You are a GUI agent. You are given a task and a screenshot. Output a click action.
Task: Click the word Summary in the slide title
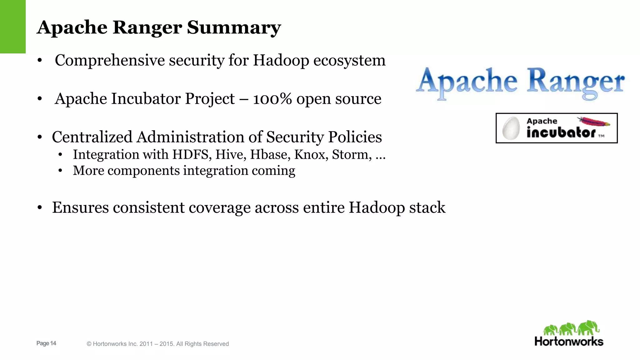coord(234,27)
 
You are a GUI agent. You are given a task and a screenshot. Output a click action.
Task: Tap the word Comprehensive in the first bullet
coord(109,60)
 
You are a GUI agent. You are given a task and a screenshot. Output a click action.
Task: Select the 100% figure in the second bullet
coord(272,99)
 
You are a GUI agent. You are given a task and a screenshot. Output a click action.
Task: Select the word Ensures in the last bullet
coord(80,207)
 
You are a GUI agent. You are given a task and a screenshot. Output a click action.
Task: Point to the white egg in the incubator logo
coord(511,128)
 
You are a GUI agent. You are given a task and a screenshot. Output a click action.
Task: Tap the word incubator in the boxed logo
coord(561,132)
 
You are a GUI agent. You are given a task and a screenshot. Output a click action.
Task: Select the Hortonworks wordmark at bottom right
coord(569,341)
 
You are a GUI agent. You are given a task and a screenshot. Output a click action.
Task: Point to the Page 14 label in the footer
coord(46,343)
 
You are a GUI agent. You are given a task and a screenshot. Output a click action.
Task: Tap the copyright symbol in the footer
coord(89,344)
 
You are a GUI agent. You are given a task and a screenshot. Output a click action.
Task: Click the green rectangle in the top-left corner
coord(12,27)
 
